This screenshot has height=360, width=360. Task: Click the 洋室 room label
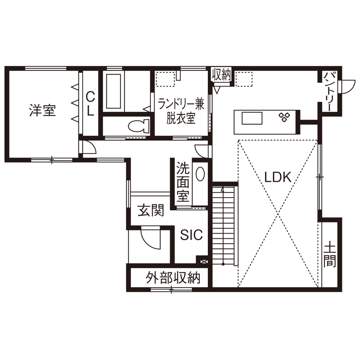click(x=42, y=111)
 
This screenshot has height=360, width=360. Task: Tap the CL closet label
click(x=90, y=103)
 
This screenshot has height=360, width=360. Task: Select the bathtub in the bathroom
click(x=114, y=91)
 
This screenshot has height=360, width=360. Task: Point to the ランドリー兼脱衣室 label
click(x=180, y=111)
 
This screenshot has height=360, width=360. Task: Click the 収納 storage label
click(x=222, y=75)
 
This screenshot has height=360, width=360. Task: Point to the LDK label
click(x=278, y=177)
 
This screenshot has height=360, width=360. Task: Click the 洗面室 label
click(x=183, y=182)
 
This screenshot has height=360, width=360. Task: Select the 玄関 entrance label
click(x=150, y=210)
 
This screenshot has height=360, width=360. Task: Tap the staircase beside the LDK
click(x=224, y=225)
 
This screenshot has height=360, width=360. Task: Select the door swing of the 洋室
click(x=89, y=147)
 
